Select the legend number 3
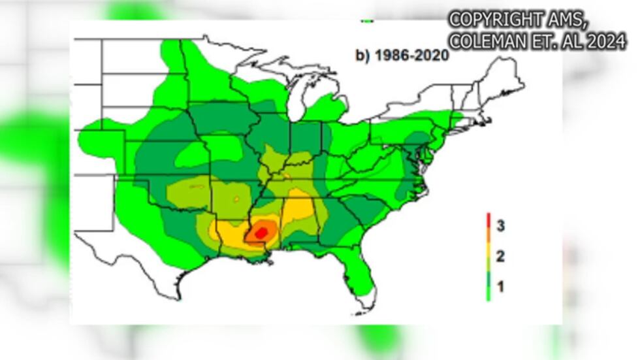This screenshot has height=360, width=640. [500, 227]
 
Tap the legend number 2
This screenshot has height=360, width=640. [500, 256]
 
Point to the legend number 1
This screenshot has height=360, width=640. [500, 286]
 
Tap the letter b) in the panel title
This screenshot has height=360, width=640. [362, 55]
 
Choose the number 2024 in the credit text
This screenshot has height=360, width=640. [605, 42]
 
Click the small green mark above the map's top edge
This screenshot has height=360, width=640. [368, 22]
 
